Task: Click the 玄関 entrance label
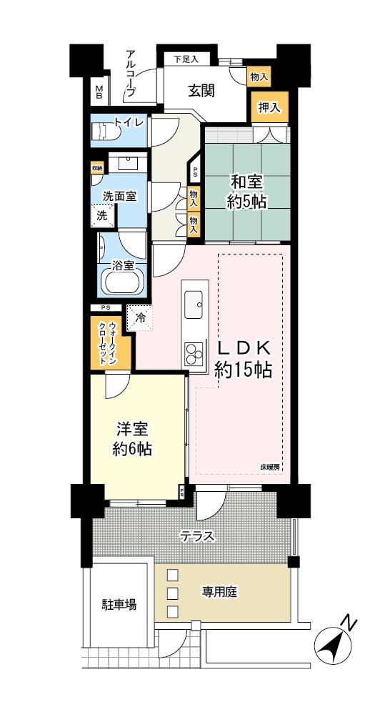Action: [202, 91]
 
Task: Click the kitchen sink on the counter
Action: [194, 305]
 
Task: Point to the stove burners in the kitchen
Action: [194, 352]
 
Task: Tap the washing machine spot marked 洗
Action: [101, 215]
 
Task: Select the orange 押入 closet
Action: [269, 108]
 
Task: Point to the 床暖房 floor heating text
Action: [270, 468]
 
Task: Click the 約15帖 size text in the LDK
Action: [244, 370]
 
